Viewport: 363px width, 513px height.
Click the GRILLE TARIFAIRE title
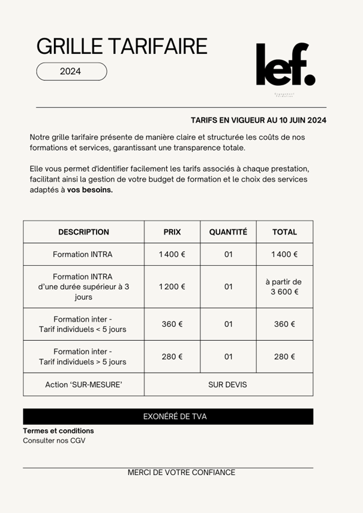point(122,46)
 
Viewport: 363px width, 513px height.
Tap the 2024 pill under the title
point(71,71)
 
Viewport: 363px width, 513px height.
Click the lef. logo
point(285,65)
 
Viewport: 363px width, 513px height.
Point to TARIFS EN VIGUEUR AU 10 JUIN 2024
point(258,120)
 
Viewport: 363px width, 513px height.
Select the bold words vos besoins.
point(90,190)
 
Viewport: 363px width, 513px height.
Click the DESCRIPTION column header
point(83,232)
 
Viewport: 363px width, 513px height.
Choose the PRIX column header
point(172,232)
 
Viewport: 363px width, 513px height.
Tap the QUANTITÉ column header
point(228,232)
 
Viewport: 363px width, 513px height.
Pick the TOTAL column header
point(284,232)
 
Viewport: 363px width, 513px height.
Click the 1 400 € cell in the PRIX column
point(172,254)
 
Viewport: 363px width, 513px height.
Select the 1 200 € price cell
point(172,286)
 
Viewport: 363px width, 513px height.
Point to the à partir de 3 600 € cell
point(284,287)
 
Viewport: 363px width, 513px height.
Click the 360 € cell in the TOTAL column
point(284,324)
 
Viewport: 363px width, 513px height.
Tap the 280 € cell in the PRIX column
point(172,356)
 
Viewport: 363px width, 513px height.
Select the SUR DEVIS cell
point(227,384)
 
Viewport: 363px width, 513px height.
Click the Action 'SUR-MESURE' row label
point(83,384)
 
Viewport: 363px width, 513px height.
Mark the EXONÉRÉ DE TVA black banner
point(168,416)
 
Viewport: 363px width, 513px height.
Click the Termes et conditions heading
point(58,431)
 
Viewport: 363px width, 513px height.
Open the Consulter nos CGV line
point(54,440)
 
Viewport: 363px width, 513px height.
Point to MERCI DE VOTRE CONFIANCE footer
point(181,472)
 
